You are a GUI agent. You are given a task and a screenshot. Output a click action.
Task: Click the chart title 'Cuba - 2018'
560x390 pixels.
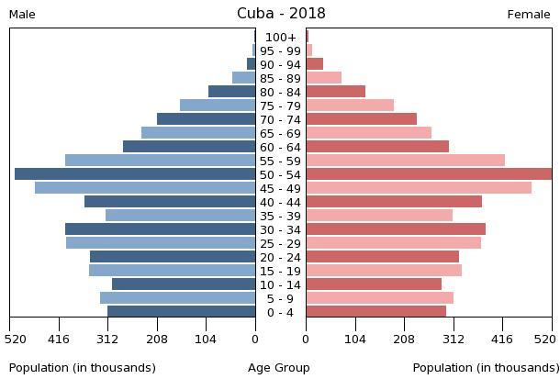[x=280, y=14]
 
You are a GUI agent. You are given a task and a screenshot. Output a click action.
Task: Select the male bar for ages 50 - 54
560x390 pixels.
[x=135, y=174]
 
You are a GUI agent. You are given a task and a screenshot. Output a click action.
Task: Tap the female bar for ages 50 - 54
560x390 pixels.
[x=429, y=174]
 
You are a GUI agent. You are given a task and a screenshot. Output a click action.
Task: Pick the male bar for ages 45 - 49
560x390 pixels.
[x=145, y=188]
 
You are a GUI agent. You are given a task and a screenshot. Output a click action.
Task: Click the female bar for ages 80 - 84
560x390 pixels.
[x=335, y=92]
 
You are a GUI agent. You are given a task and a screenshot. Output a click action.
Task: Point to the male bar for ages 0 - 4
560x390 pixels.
[x=181, y=312]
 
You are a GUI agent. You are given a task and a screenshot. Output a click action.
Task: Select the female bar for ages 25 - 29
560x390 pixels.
[x=393, y=243]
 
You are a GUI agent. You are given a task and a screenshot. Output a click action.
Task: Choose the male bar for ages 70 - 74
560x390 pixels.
[x=206, y=119]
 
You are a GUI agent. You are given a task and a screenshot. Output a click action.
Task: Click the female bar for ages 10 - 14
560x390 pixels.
[x=374, y=284]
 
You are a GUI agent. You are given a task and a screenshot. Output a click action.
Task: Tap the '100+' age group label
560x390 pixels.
[x=280, y=38]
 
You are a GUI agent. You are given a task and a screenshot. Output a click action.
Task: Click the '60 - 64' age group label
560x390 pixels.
[x=280, y=147]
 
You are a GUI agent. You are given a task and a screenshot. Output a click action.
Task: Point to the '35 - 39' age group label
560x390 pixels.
[x=280, y=216]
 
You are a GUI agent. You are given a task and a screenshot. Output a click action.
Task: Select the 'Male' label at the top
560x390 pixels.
[x=22, y=15]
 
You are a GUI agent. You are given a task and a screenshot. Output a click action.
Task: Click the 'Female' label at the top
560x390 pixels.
[x=529, y=15]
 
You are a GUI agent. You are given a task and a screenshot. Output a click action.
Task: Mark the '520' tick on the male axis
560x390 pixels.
[x=15, y=339]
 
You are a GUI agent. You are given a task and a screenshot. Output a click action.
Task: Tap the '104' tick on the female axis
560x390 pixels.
[x=355, y=339]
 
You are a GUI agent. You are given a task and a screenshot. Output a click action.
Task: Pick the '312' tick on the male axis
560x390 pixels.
[x=107, y=339]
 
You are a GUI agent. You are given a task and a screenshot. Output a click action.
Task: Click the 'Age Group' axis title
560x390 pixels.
[x=279, y=368]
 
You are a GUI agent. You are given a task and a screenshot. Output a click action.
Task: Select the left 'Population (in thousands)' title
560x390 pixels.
[x=83, y=368]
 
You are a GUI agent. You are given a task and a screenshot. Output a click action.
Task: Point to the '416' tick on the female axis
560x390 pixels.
[x=502, y=339]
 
